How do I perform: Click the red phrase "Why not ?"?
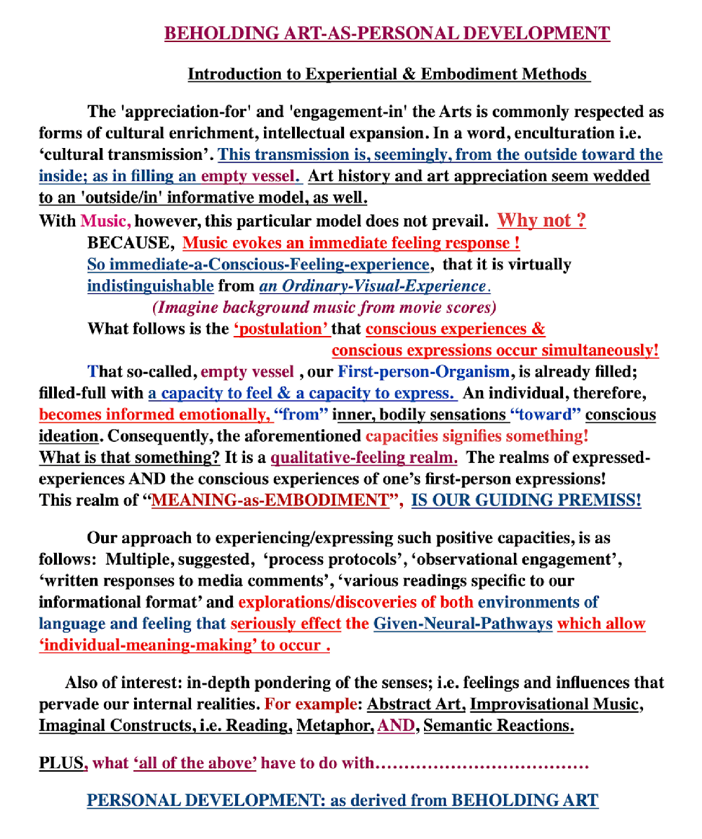pyautogui.click(x=541, y=221)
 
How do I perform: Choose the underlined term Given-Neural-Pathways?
pyautogui.click(x=463, y=624)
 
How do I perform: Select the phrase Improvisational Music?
pyautogui.click(x=555, y=704)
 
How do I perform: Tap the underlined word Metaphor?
pyautogui.click(x=334, y=725)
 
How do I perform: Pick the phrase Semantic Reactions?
pyautogui.click(x=498, y=725)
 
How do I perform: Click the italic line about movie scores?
pyautogui.click(x=324, y=307)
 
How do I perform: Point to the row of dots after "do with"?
pyautogui.click(x=482, y=764)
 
